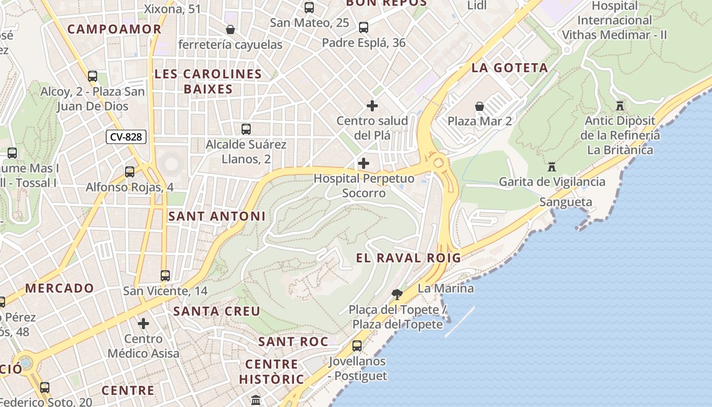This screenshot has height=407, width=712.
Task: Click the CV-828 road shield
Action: (126, 137)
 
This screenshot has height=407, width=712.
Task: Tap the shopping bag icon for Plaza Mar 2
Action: (480, 106)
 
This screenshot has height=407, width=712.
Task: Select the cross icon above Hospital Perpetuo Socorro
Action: (364, 163)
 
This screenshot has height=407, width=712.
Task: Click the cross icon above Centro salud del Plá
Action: (372, 106)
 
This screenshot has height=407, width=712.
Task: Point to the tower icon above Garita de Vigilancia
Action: (552, 167)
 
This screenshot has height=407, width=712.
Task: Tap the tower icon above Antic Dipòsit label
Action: (619, 106)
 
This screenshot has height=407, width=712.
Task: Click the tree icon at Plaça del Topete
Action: (397, 294)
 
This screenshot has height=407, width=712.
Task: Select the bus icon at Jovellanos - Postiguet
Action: (357, 346)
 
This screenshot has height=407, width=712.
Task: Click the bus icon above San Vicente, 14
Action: (165, 276)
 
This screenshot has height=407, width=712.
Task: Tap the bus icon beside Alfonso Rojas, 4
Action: (130, 172)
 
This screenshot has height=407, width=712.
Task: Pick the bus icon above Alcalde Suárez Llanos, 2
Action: (246, 129)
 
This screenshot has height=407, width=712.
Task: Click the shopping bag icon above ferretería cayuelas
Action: (230, 30)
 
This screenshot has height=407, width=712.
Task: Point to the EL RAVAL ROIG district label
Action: (408, 258)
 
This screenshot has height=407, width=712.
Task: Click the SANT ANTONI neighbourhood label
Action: (217, 216)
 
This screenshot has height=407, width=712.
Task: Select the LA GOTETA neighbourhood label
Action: (510, 68)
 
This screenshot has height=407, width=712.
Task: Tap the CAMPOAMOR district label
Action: (114, 29)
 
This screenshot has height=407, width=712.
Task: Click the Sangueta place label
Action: (566, 202)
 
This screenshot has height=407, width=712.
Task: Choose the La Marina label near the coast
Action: (446, 288)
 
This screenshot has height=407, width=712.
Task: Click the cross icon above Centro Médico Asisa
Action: (143, 323)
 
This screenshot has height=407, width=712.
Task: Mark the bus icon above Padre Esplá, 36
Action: (364, 27)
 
